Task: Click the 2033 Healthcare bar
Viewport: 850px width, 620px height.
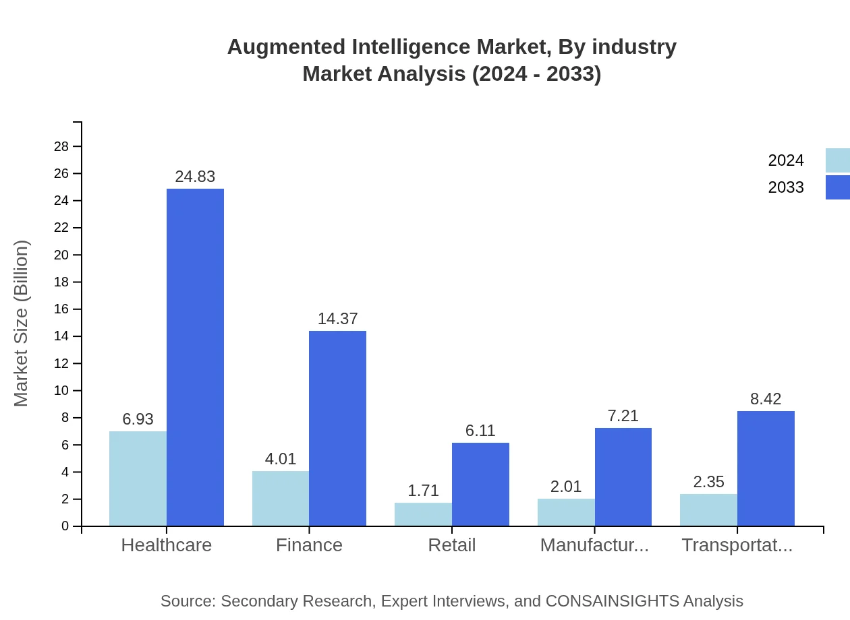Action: [195, 357]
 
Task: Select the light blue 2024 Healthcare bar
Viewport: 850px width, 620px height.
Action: [138, 478]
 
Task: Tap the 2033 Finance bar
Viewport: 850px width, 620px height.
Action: [337, 428]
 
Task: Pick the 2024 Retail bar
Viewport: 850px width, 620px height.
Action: [423, 514]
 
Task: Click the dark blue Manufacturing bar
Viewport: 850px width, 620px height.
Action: [623, 476]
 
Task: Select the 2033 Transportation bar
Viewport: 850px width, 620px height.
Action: [766, 468]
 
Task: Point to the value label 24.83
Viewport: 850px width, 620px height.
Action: [195, 177]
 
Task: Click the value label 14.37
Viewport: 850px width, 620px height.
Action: [337, 319]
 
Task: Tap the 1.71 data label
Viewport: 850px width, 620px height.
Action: [423, 491]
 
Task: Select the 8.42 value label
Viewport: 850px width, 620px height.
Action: [766, 399]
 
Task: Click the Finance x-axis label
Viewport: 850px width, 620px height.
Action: [309, 545]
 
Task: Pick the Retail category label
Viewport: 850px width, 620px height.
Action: [452, 545]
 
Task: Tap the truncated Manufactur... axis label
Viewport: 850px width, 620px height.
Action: [594, 545]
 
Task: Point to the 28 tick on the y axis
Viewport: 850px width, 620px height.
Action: [61, 146]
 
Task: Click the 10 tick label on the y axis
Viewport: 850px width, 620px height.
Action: [61, 391]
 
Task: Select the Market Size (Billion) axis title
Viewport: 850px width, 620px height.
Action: [22, 323]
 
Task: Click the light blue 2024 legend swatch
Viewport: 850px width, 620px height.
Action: [837, 160]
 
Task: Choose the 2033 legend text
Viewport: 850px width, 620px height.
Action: [786, 187]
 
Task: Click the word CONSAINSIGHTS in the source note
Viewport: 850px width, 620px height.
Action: [612, 601]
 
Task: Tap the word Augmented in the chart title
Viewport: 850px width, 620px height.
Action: [276, 47]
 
